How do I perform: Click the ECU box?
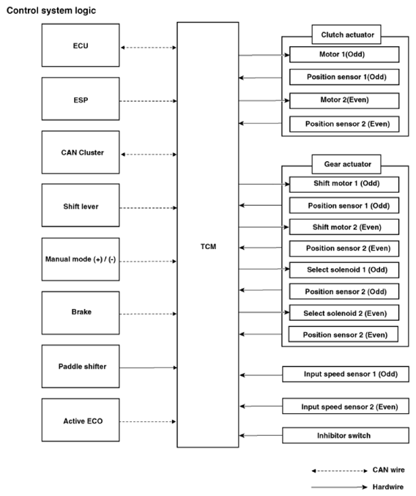click(81, 45)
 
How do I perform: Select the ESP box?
click(81, 99)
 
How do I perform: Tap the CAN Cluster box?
click(81, 152)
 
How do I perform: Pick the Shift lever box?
click(81, 205)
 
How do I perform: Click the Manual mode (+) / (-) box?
click(81, 259)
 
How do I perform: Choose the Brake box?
click(81, 313)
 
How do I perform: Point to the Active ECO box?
click(81, 420)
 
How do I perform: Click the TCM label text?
click(208, 246)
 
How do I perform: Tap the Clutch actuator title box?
click(346, 34)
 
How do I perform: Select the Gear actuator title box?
click(346, 164)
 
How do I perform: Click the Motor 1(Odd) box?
click(344, 54)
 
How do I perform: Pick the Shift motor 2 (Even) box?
click(344, 227)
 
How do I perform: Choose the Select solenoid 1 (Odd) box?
click(344, 270)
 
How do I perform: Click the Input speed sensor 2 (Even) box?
click(346, 406)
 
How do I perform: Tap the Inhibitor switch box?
click(346, 436)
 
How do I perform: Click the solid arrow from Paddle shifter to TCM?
click(148, 368)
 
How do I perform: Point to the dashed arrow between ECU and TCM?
click(148, 48)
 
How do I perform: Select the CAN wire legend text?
click(388, 470)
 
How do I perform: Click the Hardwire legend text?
click(388, 486)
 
